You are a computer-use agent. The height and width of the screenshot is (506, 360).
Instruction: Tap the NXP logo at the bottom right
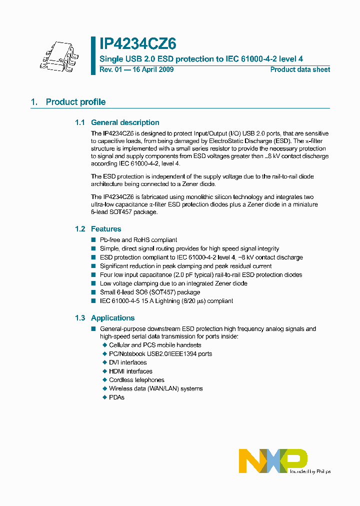pos(272,460)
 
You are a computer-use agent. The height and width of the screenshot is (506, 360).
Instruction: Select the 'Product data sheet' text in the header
pos(300,69)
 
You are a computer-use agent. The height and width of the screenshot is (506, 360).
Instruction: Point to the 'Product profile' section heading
pos(75,102)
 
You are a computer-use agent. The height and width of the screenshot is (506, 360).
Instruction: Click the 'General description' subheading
pos(125,122)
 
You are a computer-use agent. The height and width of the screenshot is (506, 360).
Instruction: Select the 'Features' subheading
pos(106,229)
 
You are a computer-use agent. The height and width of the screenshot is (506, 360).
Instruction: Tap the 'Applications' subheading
pos(112,318)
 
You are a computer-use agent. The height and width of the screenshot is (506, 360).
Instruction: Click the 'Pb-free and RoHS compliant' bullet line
pos(138,240)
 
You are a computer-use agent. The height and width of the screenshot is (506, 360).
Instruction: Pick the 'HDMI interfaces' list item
pos(130,371)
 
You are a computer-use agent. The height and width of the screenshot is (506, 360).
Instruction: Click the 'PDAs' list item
pos(116,397)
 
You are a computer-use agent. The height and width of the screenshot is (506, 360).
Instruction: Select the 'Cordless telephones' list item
pos(136,380)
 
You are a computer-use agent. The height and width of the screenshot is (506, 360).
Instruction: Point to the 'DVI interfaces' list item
pos(127,362)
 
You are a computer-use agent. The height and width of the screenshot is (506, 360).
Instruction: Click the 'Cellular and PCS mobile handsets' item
pos(155,345)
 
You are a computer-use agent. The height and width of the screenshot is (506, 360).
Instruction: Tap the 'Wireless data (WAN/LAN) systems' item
pos(155,388)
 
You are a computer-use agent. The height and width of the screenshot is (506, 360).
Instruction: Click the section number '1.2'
pos(80,229)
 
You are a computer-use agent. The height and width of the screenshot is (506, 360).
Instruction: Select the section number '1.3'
pos(80,318)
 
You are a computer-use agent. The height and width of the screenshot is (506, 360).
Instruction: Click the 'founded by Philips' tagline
pos(310,471)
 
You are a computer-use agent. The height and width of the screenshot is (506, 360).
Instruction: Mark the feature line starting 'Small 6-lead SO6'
pos(150,292)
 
